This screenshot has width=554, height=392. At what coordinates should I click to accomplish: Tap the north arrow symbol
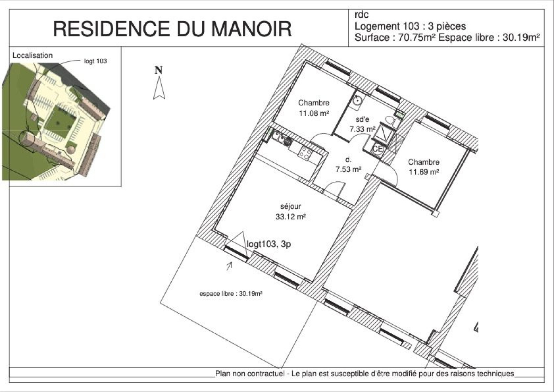[x=159, y=88]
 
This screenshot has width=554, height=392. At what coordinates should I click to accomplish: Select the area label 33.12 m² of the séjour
[x=291, y=217]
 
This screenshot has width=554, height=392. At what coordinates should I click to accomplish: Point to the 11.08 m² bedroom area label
[x=314, y=113]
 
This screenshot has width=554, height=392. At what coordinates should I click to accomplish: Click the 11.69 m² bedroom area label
[x=424, y=172]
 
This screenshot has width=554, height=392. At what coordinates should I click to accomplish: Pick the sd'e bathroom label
[x=362, y=119]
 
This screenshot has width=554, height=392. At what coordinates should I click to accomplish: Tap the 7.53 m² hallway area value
[x=348, y=169]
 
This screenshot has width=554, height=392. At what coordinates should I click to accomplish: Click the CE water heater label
[x=377, y=149]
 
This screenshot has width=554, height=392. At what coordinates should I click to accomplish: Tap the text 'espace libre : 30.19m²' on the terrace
[x=231, y=293]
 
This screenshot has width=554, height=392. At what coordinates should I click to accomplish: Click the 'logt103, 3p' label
[x=269, y=244]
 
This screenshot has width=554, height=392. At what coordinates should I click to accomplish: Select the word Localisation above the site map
[x=33, y=55]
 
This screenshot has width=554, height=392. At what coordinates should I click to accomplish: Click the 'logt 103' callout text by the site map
[x=95, y=61]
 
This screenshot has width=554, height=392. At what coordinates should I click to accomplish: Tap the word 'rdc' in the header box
[x=361, y=15]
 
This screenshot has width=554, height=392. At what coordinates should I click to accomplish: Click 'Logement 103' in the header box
[x=387, y=26]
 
